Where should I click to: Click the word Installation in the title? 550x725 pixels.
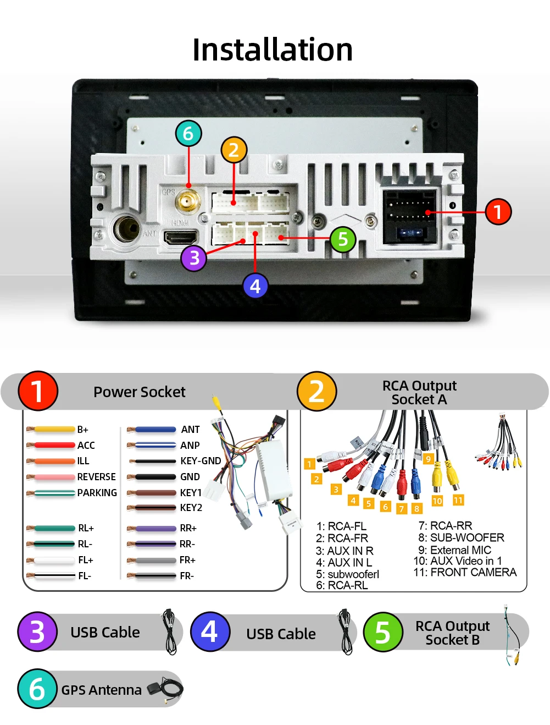pos(273,50)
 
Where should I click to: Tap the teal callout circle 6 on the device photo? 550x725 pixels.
pos(188,133)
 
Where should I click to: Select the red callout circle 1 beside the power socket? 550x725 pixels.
pos(498,212)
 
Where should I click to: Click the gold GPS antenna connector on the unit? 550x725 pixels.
pos(187,201)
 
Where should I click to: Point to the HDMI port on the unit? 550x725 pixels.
pos(181,237)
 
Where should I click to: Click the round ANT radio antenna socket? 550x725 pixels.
pos(127,228)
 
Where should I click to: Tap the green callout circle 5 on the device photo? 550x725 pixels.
pos(343,239)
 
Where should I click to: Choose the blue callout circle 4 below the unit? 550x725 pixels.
pos(255,286)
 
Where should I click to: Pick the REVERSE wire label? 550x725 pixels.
pos(96,477)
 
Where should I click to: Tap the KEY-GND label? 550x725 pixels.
pos(201,461)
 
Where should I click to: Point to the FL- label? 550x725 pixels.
pos(85,576)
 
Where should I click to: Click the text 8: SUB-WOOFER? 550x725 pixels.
pos(461,537)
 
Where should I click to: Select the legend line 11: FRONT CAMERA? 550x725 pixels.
pos(465,573)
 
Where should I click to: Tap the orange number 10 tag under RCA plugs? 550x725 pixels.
pos(437,501)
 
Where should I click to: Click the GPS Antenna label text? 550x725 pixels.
pos(101,690)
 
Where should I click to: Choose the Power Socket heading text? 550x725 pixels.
pos(139,392)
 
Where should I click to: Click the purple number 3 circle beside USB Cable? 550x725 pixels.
pos(37,631)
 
